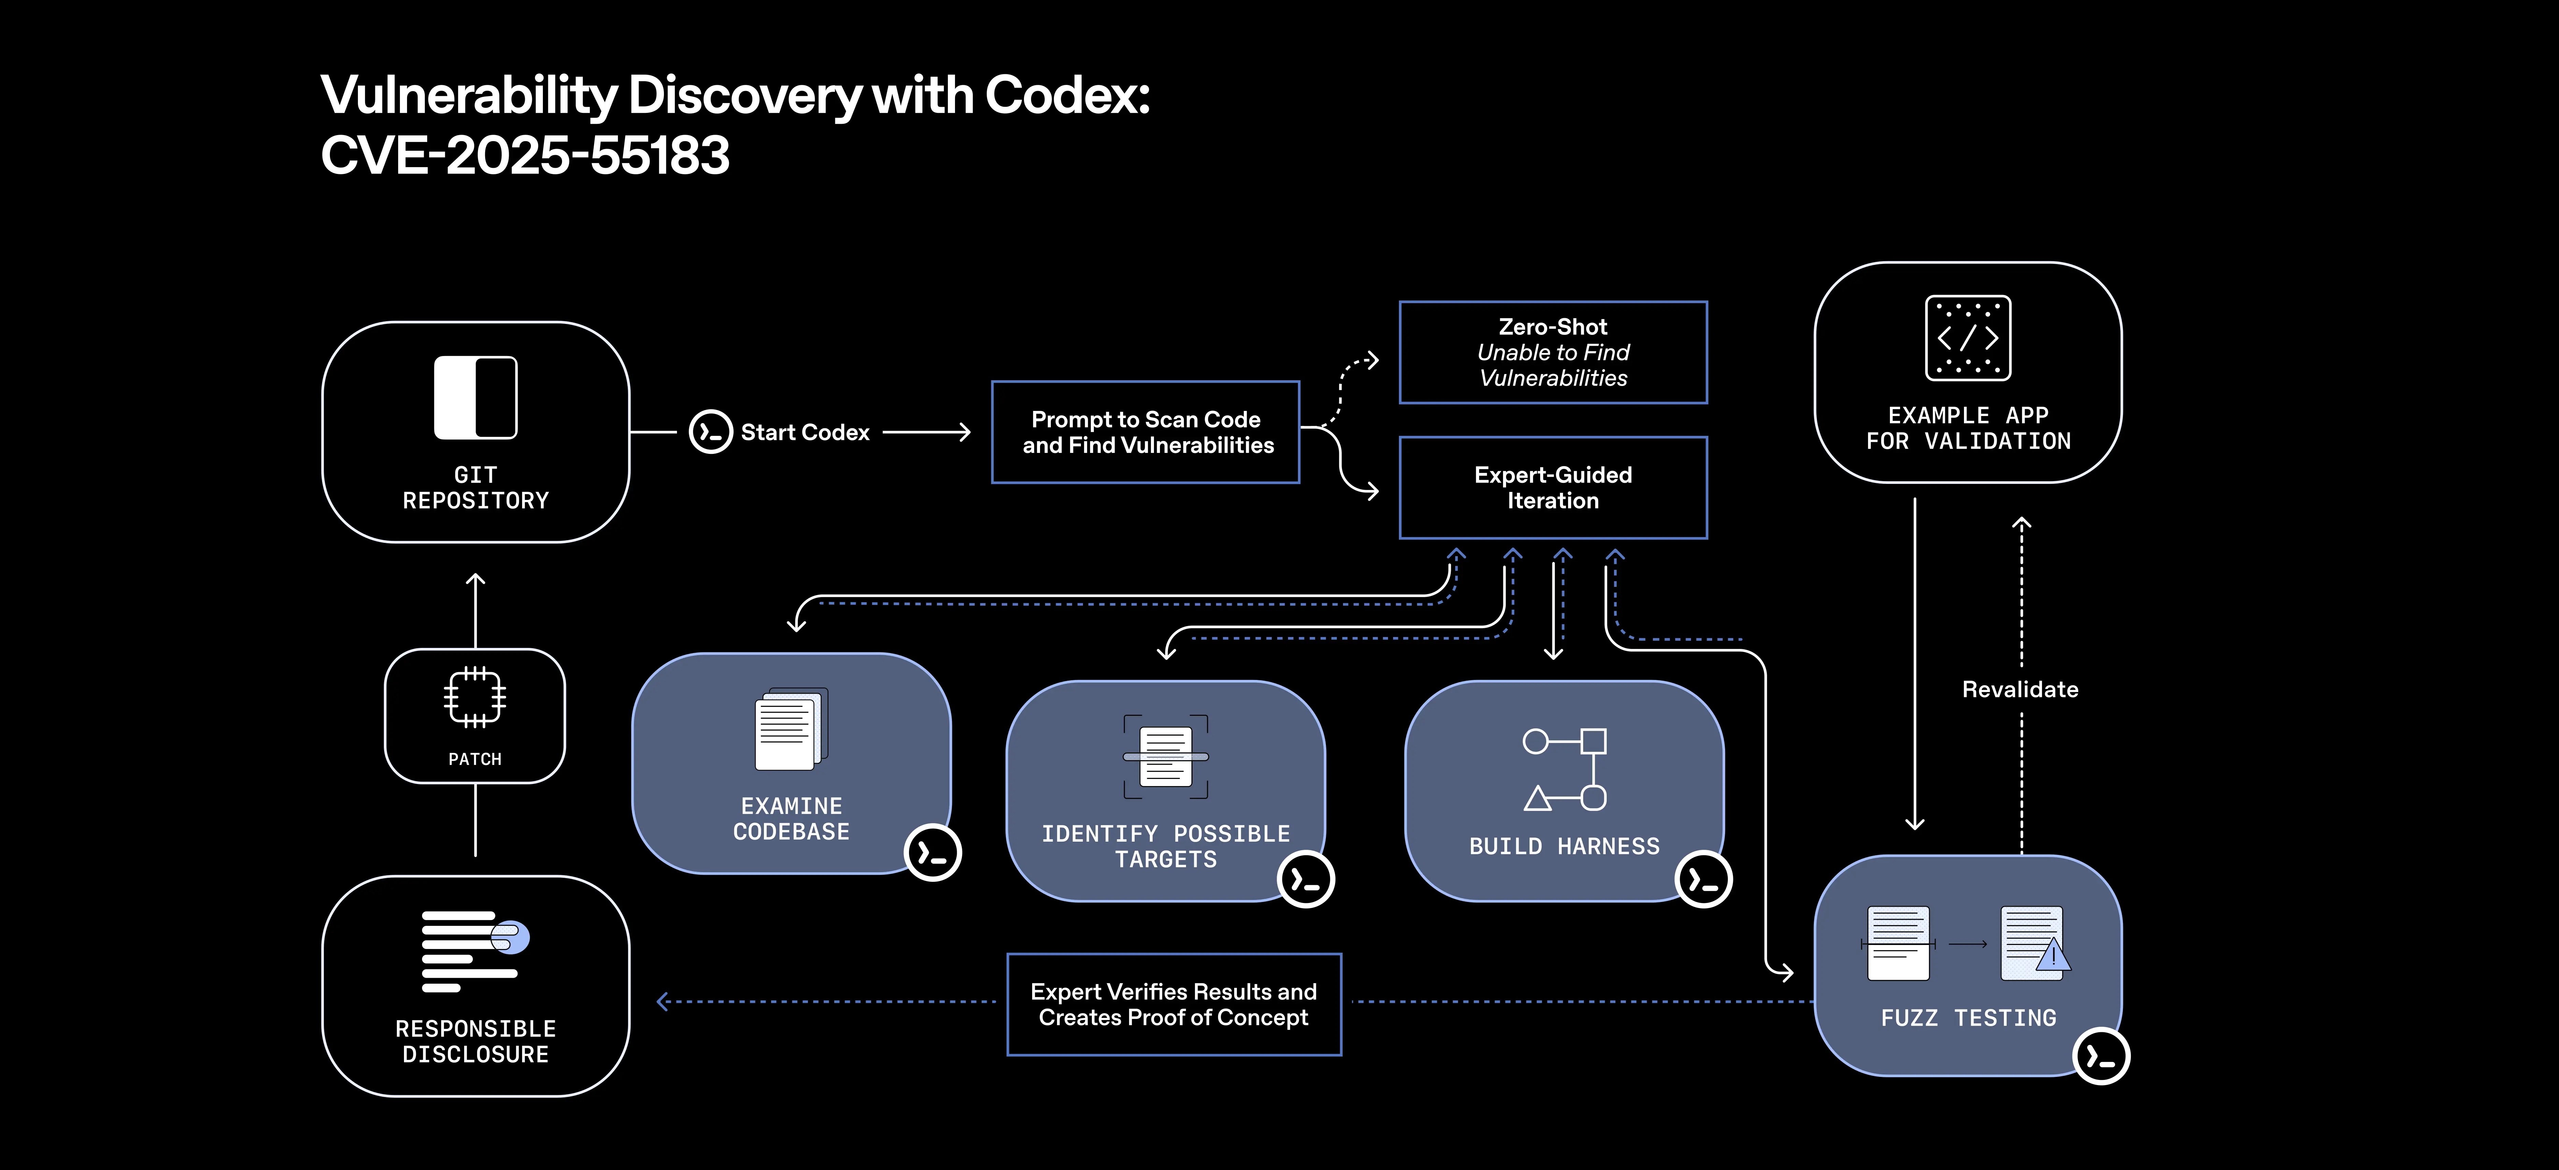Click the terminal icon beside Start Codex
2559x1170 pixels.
(x=710, y=432)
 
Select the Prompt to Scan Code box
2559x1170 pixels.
(x=1145, y=432)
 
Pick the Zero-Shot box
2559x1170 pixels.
(x=1553, y=353)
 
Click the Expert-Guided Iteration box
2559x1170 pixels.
(x=1553, y=488)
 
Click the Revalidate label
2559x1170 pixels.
(x=2020, y=689)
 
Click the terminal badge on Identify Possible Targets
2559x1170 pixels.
(x=1305, y=879)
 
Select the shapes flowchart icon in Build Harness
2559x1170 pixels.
(x=1565, y=770)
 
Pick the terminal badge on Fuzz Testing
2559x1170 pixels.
(x=2101, y=1057)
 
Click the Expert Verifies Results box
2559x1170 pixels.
(x=1173, y=1004)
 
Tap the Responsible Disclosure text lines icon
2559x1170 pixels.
(x=475, y=950)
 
